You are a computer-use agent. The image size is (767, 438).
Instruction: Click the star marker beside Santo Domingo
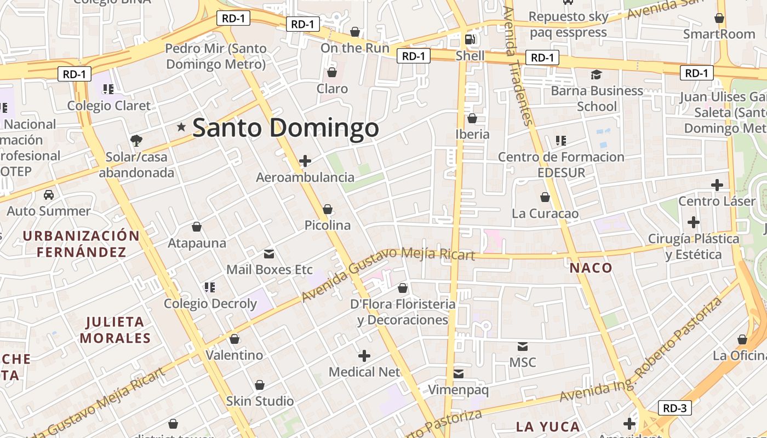[x=181, y=127]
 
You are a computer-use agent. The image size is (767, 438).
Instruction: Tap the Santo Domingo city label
[x=285, y=128]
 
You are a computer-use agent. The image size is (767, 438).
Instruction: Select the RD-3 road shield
[x=674, y=408]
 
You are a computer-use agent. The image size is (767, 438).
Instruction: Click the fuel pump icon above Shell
[x=470, y=39]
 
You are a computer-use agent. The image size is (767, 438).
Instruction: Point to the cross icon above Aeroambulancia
[x=305, y=160]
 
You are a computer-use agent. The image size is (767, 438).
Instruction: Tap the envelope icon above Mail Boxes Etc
[x=269, y=253]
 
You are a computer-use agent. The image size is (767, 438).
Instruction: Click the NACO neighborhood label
[x=591, y=268]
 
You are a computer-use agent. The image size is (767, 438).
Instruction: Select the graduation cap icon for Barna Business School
[x=596, y=74]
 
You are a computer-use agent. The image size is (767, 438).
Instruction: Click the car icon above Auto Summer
[x=49, y=194]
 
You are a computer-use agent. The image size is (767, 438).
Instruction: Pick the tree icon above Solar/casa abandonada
[x=136, y=141]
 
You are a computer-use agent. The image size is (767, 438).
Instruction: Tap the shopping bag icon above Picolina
[x=328, y=209]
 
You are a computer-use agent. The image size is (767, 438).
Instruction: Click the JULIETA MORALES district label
[x=115, y=330]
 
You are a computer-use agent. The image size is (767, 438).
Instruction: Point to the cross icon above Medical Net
[x=364, y=356]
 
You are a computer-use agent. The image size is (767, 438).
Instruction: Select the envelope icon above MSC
[x=523, y=346]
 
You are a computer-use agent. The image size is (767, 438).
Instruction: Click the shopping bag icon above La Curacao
[x=545, y=197]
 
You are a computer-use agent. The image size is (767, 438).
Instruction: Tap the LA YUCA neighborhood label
[x=548, y=427]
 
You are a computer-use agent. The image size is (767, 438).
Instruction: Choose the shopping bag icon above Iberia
[x=472, y=118]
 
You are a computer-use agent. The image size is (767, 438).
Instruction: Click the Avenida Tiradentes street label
[x=518, y=66]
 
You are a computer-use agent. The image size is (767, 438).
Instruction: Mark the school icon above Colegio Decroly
[x=209, y=287]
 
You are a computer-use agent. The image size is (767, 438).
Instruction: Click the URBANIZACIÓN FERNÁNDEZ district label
[x=82, y=244]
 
